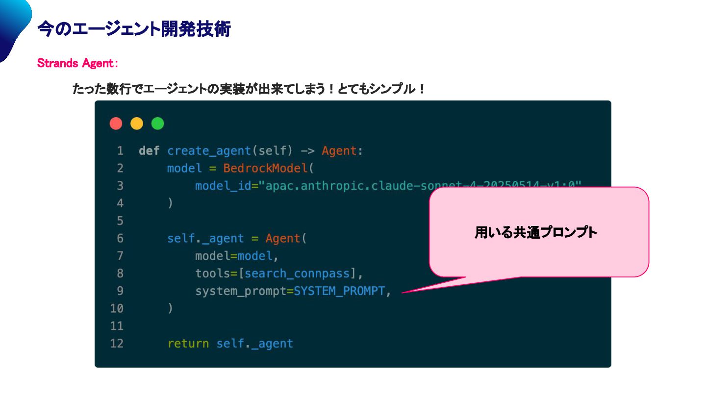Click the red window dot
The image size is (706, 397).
(116, 124)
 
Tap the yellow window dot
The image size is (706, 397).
(137, 124)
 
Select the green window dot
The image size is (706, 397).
(157, 124)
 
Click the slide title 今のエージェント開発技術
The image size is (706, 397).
(134, 29)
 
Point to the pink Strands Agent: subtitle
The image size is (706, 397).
(77, 64)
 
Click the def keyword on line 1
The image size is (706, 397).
(149, 151)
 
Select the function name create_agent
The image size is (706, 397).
(209, 151)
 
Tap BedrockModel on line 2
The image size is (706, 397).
(265, 168)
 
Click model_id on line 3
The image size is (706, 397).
(223, 186)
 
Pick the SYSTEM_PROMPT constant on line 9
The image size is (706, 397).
(339, 291)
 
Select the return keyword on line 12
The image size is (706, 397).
(188, 344)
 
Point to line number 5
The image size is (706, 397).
(120, 221)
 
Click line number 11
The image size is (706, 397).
(117, 326)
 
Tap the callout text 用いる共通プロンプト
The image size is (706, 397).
(535, 232)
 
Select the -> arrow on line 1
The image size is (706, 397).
(307, 151)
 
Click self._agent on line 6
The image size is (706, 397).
(205, 239)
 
